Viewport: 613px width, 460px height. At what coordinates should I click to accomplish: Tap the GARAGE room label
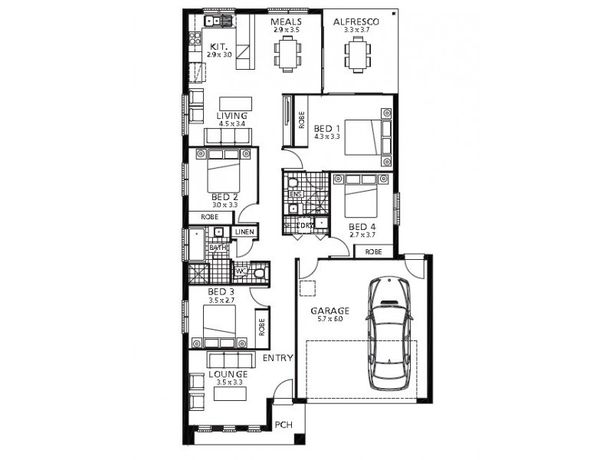329,311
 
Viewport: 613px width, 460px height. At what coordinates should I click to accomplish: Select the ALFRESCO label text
356,22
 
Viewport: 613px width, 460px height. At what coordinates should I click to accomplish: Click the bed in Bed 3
221,328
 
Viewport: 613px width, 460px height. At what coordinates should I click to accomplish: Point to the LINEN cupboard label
244,232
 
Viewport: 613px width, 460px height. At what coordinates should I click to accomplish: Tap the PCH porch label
284,425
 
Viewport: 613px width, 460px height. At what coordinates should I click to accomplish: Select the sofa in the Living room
228,136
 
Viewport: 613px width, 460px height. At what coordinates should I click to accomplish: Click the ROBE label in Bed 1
302,120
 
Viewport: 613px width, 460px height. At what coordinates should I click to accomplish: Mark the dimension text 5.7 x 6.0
329,320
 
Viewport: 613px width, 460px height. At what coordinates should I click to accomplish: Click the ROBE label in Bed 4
373,251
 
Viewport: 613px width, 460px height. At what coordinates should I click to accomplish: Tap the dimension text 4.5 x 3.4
231,123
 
